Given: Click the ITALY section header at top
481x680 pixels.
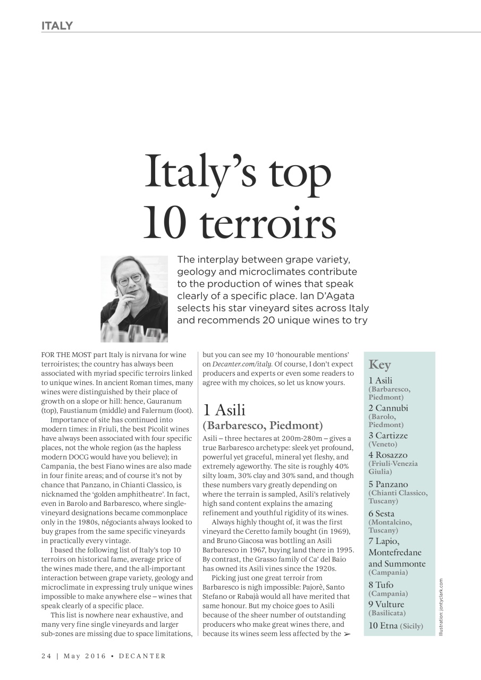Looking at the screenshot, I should pyautogui.click(x=57, y=26).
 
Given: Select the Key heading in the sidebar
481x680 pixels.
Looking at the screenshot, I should pyautogui.click(x=379, y=365).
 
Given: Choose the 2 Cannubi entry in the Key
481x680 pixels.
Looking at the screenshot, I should pyautogui.click(x=389, y=408).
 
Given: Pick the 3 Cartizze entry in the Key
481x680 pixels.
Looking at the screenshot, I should pyautogui.click(x=388, y=436).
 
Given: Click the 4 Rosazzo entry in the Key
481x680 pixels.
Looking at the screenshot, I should pyautogui.click(x=388, y=455).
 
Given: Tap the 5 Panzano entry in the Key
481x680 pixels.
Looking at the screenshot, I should pyautogui.click(x=388, y=484).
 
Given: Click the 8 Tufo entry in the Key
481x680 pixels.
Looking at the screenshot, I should pyautogui.click(x=381, y=585).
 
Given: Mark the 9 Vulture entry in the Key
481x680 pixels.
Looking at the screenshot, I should pyautogui.click(x=386, y=604).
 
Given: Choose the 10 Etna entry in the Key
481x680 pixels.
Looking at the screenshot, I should pyautogui.click(x=383, y=625).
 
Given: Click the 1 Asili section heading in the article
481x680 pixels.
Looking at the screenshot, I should pyautogui.click(x=224, y=410).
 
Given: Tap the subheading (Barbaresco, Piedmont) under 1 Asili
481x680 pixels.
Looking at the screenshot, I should pyautogui.click(x=263, y=426).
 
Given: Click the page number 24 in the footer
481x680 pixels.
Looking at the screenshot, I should pyautogui.click(x=46, y=656).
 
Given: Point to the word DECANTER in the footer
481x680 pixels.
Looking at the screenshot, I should pyautogui.click(x=142, y=656).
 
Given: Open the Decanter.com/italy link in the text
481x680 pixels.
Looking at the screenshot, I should pyautogui.click(x=242, y=364).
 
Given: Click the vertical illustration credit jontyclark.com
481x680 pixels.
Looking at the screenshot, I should pyautogui.click(x=441, y=606).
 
